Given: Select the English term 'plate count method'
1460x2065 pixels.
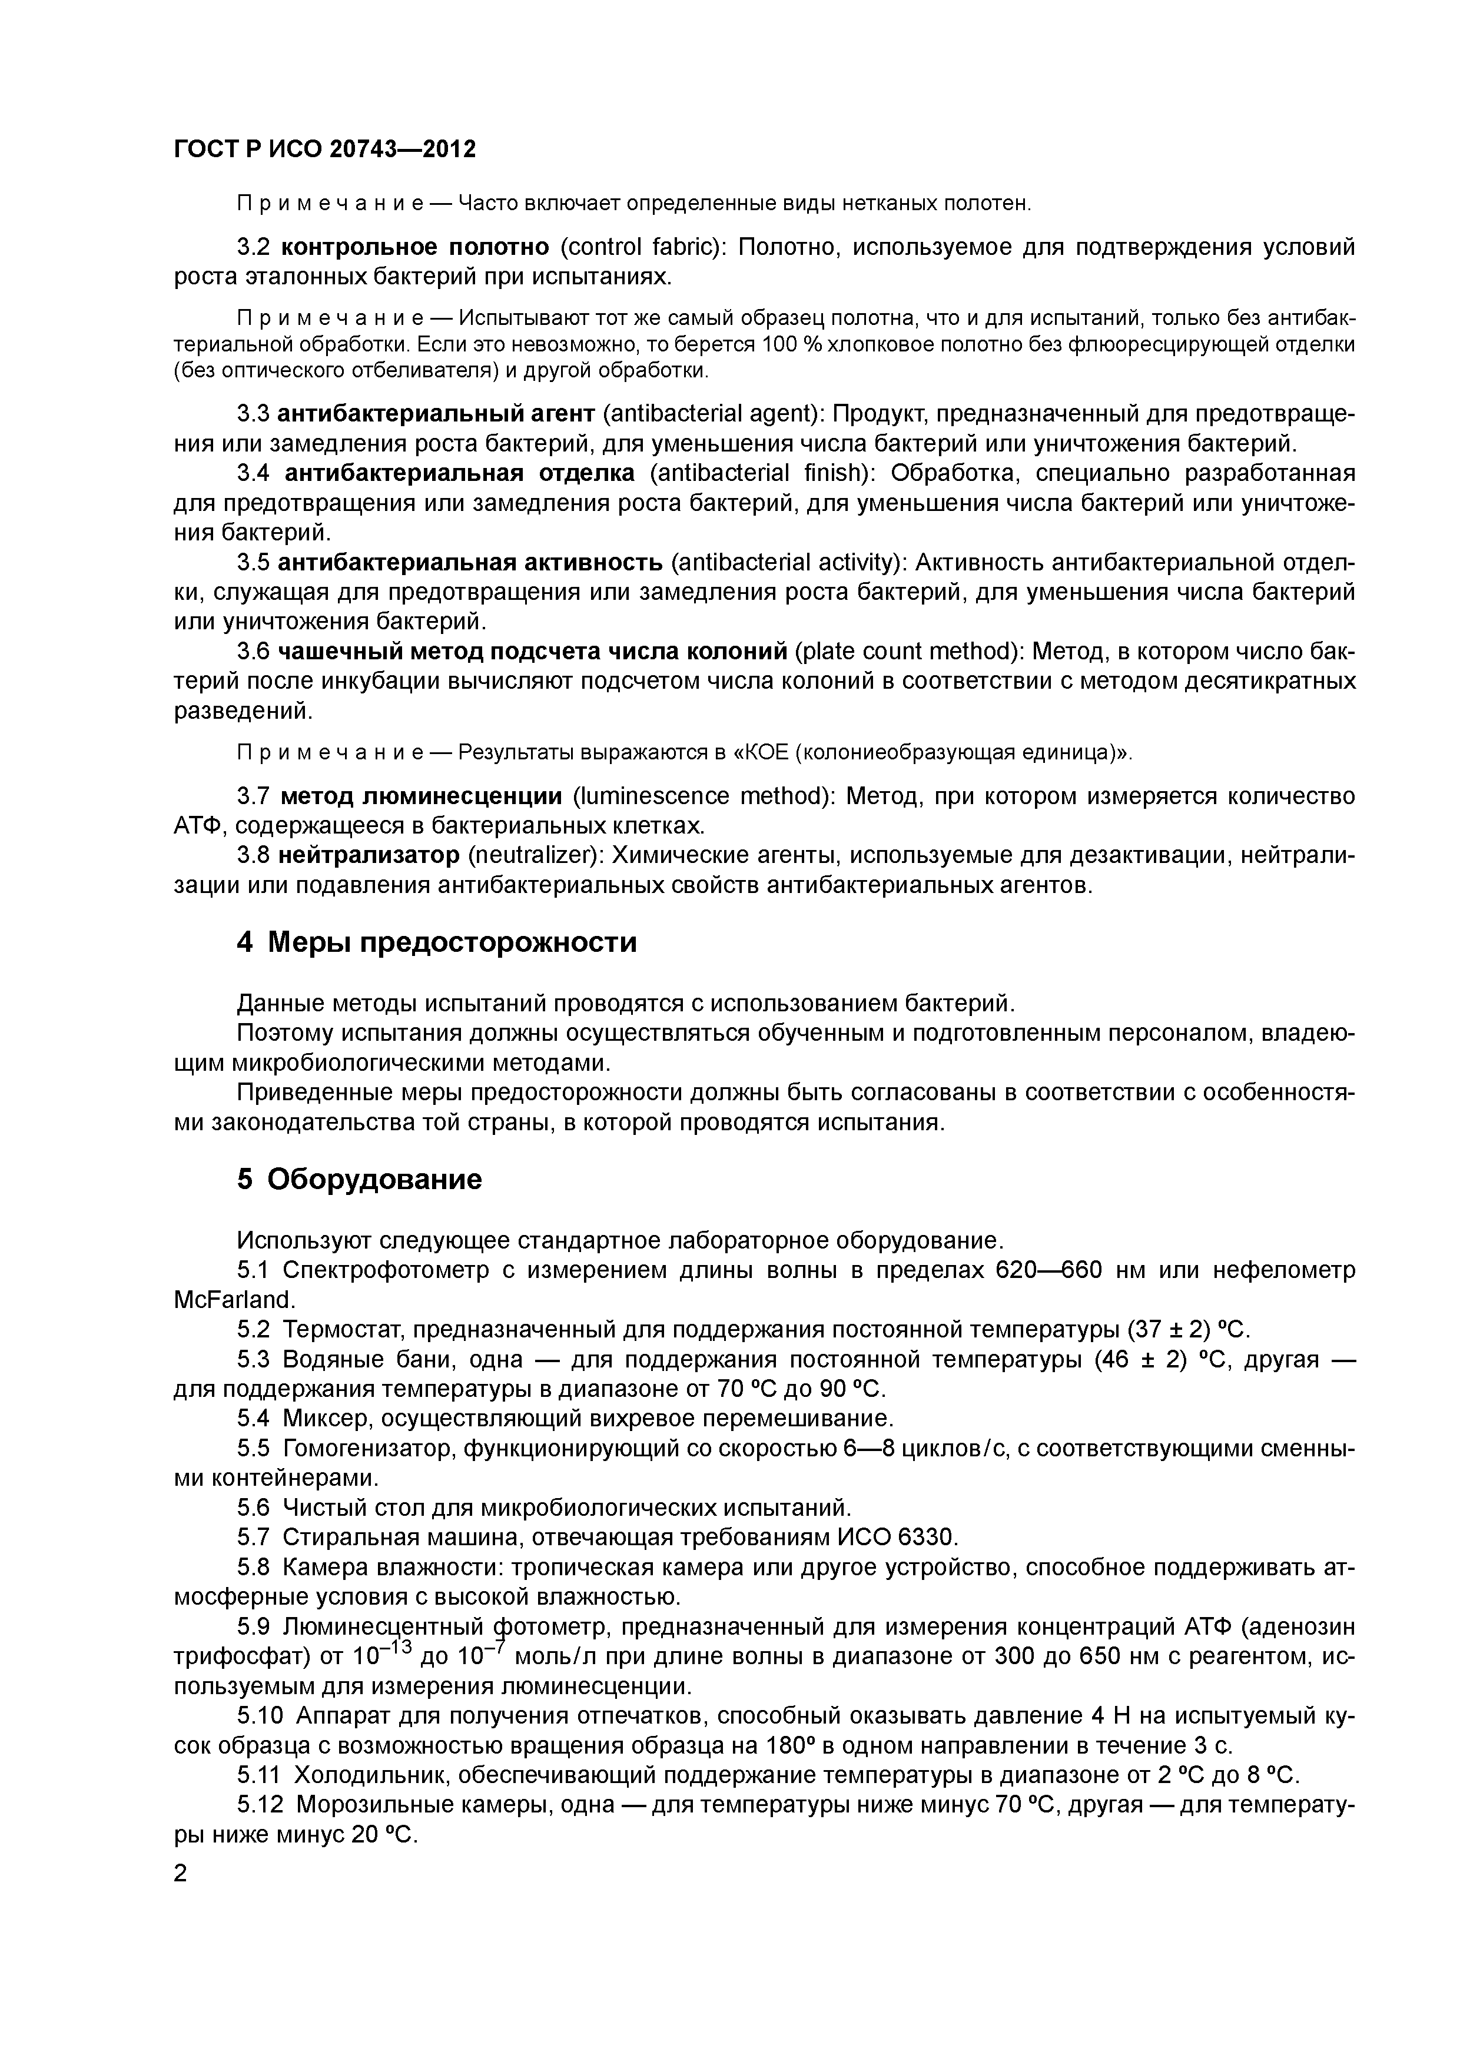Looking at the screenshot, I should coord(906,651).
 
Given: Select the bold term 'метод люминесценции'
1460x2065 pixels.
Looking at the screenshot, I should coord(421,796).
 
